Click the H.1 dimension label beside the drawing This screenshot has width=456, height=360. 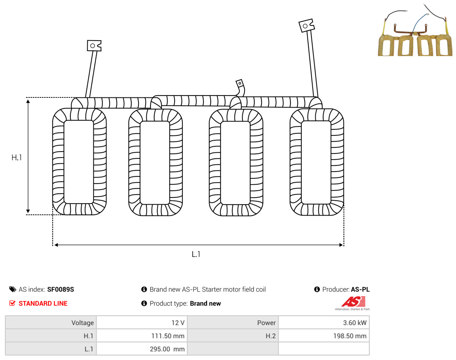[x=17, y=158]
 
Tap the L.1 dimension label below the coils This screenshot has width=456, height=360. [x=196, y=254]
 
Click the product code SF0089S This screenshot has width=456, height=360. [x=61, y=289]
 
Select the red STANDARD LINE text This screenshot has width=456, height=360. [x=43, y=304]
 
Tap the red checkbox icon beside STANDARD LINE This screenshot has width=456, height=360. [x=12, y=303]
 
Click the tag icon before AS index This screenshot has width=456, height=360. [x=12, y=289]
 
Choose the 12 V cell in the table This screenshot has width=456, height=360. [x=142, y=322]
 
